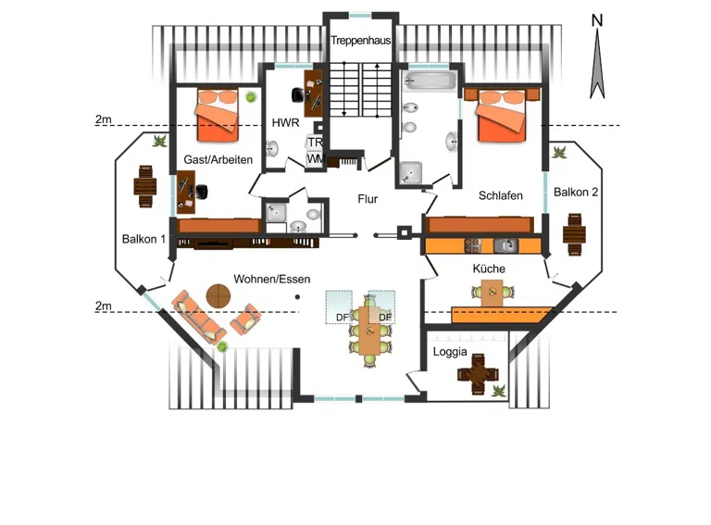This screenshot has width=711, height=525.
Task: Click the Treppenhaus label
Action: click(360, 41)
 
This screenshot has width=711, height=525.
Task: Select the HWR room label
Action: click(286, 122)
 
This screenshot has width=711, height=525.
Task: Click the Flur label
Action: click(368, 198)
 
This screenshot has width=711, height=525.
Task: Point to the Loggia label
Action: click(450, 352)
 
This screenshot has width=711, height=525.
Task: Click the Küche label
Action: click(489, 269)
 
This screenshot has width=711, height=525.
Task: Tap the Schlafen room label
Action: click(501, 195)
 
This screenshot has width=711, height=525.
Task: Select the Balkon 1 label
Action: click(143, 239)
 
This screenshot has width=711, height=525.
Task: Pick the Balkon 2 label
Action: click(576, 193)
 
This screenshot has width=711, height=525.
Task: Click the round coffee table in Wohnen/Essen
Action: click(218, 296)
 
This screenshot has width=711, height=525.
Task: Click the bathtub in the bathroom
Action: click(429, 81)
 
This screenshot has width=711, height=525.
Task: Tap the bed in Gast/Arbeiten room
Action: click(218, 115)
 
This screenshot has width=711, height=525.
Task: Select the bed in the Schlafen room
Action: click(502, 115)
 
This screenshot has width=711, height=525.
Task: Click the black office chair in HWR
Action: click(298, 94)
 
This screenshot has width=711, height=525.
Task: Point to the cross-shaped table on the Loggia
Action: click(478, 374)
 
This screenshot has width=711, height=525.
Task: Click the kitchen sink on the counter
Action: click(505, 245)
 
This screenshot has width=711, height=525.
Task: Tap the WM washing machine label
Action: click(316, 159)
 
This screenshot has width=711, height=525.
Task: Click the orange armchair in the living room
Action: click(245, 319)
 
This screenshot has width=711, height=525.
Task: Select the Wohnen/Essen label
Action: click(272, 279)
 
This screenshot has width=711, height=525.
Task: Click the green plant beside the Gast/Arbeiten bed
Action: click(250, 96)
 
